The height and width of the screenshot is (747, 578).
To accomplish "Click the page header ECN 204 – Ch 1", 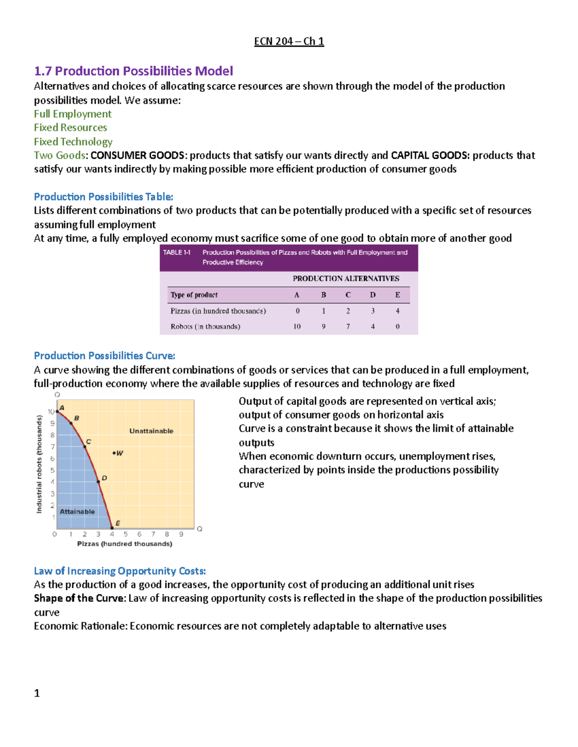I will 289,41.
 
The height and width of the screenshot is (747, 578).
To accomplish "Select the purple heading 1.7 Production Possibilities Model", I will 133,71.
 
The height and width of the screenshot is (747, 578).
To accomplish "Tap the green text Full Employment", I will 72,114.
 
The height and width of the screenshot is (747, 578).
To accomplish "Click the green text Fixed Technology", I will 73,142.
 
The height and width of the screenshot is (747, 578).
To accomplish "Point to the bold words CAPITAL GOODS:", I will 430,155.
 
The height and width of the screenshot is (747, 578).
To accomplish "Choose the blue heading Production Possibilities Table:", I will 103,197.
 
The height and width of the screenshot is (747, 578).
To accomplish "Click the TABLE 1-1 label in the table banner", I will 177,253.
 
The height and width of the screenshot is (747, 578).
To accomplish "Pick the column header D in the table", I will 373,295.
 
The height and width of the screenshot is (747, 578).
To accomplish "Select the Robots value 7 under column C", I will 348,327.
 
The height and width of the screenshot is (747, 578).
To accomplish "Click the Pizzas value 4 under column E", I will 397,311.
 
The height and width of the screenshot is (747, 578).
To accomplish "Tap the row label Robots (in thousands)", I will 205,327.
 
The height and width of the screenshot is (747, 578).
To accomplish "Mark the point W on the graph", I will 114,453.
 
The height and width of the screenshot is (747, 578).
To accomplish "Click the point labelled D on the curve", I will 99,481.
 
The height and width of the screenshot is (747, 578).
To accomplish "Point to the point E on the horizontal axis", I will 112,528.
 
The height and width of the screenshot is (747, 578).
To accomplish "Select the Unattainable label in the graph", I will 151,431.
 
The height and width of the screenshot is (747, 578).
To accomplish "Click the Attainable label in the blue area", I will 77,512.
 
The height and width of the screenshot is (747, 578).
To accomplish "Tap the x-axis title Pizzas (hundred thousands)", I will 125,544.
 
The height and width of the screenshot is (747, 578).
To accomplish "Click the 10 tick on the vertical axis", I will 51,412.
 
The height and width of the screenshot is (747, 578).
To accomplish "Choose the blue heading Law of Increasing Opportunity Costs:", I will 119,571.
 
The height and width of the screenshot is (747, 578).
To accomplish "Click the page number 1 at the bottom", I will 37,693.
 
